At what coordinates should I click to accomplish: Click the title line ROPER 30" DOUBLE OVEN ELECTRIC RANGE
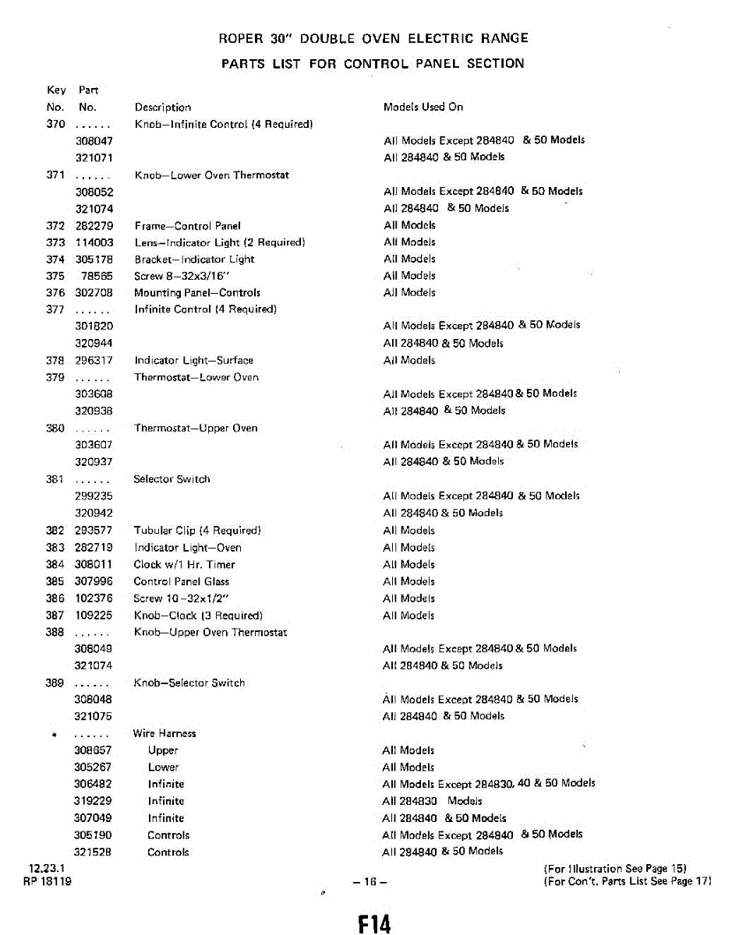pos(373,38)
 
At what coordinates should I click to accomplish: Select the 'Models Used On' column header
pos(423,107)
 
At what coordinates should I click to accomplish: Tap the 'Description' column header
pos(163,108)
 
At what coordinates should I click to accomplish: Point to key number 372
pos(55,226)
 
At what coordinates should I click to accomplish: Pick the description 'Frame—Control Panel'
pos(188,226)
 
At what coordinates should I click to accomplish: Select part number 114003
pos(94,243)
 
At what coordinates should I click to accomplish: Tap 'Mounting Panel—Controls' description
pos(197,293)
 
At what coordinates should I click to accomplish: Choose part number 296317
pos(94,361)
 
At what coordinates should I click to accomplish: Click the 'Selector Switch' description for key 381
pos(172,479)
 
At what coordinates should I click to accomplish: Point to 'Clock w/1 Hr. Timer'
pos(184,565)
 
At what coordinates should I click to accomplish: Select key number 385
pos(55,582)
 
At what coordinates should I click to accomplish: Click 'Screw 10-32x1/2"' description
pos(178,599)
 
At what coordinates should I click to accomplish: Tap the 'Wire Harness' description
pos(164,734)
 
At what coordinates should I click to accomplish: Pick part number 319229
pos(93,801)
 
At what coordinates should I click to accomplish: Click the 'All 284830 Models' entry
pos(433,801)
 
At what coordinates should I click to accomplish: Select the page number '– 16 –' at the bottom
pos(370,882)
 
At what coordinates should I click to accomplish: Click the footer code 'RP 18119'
pos(48,882)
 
